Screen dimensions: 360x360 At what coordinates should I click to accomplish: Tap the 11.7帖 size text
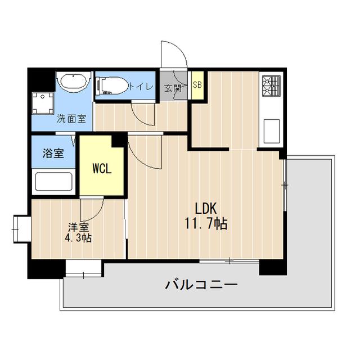point(206,224)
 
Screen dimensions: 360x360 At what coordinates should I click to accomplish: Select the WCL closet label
point(101,168)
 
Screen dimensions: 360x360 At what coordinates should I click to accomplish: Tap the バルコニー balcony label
point(201,285)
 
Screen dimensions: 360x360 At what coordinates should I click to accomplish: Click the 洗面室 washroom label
point(71,119)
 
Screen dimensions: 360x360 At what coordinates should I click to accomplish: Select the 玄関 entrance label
point(172,88)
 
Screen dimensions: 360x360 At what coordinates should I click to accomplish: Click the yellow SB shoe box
point(197,85)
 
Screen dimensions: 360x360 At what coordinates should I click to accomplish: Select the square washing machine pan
point(43,102)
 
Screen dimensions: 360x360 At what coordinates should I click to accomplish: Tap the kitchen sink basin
point(269,131)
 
